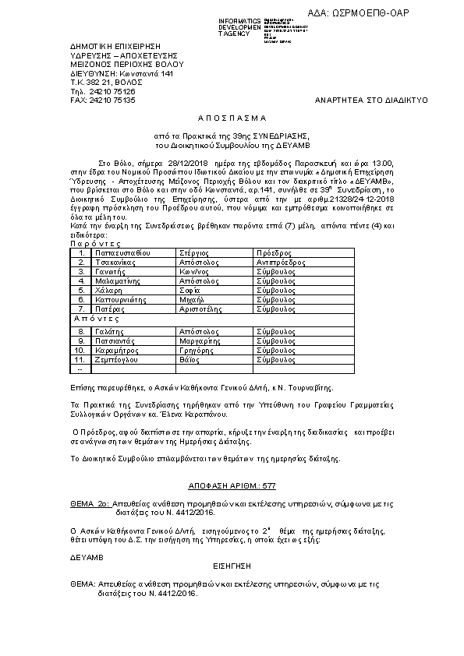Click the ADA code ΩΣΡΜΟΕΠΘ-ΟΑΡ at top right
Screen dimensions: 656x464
click(x=370, y=13)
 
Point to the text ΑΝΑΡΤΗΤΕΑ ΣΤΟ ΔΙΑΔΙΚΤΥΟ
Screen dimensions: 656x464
click(x=361, y=101)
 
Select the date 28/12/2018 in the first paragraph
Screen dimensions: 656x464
click(x=168, y=163)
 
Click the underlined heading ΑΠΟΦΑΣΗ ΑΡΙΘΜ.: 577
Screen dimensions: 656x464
click(x=232, y=485)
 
